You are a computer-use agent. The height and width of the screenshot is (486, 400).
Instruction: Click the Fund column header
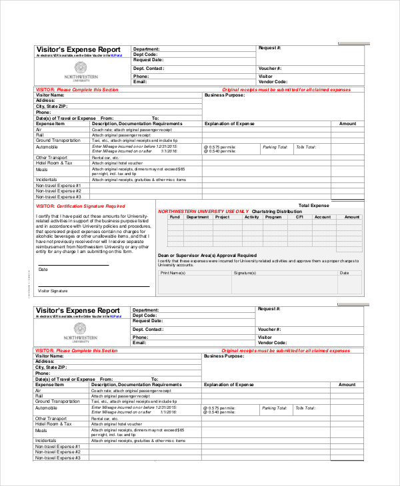175,217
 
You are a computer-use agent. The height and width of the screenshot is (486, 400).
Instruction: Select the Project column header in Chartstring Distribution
222,217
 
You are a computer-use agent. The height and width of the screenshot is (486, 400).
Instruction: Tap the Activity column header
252,217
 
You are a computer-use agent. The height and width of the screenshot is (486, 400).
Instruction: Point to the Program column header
273,217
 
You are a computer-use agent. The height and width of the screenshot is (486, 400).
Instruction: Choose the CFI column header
300,217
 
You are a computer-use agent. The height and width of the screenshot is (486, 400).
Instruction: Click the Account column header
323,217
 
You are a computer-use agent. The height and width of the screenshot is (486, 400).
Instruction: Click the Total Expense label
313,206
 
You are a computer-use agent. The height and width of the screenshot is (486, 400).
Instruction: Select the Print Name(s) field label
172,273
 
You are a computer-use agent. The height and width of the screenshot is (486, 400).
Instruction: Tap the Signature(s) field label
245,273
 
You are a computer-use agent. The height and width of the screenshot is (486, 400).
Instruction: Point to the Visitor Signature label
53,291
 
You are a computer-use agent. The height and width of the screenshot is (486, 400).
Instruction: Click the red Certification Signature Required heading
80,206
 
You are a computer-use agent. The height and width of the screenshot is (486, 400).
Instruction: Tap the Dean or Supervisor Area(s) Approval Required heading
207,255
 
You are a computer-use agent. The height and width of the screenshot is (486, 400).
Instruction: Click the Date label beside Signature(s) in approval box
345,273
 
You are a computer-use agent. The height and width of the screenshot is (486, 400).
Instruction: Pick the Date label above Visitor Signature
43,270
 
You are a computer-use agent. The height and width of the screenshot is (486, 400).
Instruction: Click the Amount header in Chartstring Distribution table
351,217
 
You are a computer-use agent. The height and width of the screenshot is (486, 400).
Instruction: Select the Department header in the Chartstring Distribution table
197,217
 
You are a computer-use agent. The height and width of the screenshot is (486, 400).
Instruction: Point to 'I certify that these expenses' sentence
193,260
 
